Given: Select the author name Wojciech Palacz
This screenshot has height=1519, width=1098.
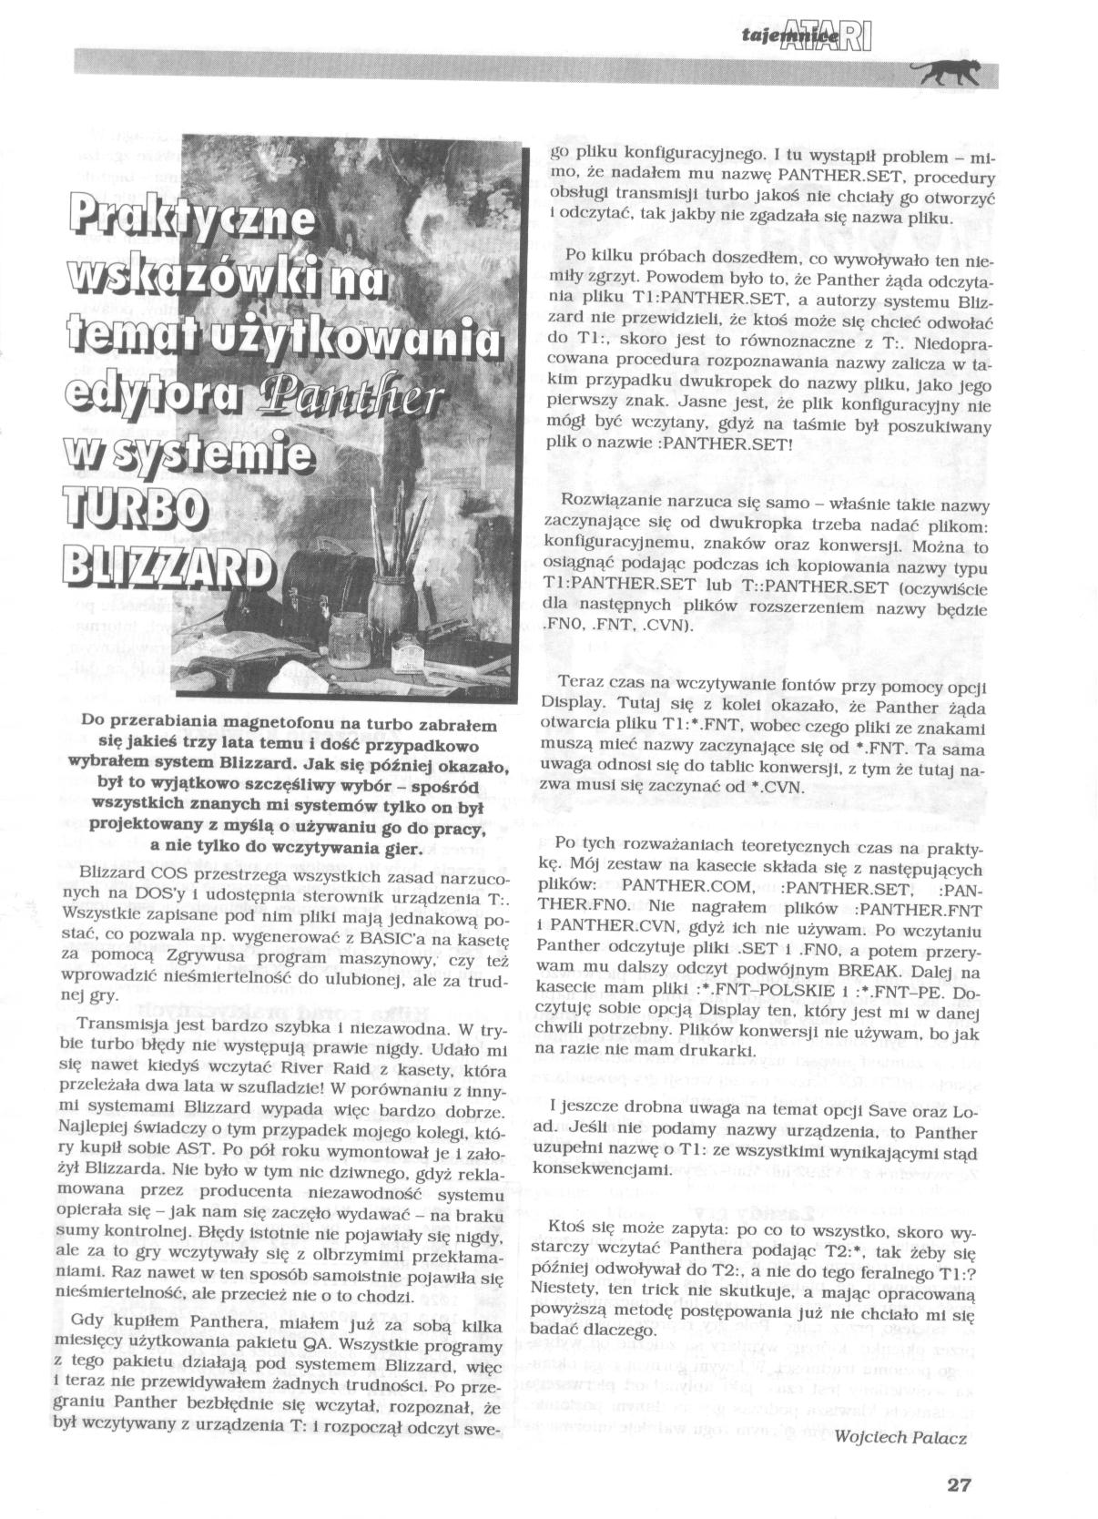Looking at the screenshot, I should (900, 1436).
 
